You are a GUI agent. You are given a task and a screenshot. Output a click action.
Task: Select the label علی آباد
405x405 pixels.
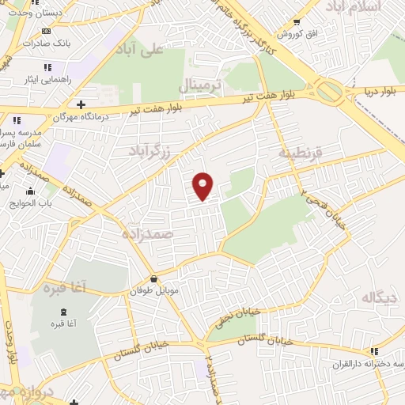pyautogui.click(x=138, y=50)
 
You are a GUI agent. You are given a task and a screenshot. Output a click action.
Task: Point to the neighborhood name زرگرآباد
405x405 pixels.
pyautogui.click(x=153, y=150)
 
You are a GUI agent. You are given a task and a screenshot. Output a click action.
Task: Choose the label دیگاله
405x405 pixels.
pyautogui.click(x=378, y=297)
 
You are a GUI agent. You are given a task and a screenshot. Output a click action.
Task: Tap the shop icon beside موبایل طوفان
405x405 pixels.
pyautogui.click(x=153, y=279)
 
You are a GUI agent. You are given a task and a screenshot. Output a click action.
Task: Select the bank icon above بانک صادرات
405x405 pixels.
pyautogui.click(x=46, y=31)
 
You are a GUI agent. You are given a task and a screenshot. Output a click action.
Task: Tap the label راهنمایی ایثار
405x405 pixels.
pyautogui.click(x=49, y=79)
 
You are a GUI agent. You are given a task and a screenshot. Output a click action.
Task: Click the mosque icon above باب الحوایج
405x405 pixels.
pyautogui.click(x=31, y=191)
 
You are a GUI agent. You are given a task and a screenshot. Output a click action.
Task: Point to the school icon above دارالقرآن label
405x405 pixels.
pyautogui.click(x=373, y=350)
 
